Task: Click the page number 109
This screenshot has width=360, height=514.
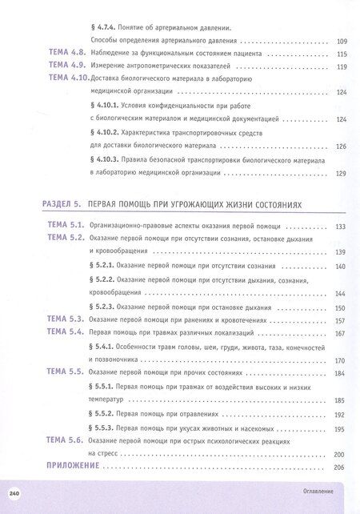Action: pos(342,41)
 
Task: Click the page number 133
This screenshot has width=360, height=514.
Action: pos(341,227)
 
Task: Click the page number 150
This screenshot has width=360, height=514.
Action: pos(341,307)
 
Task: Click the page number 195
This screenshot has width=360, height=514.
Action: pos(341,428)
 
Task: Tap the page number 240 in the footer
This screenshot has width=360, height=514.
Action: pos(14,491)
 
